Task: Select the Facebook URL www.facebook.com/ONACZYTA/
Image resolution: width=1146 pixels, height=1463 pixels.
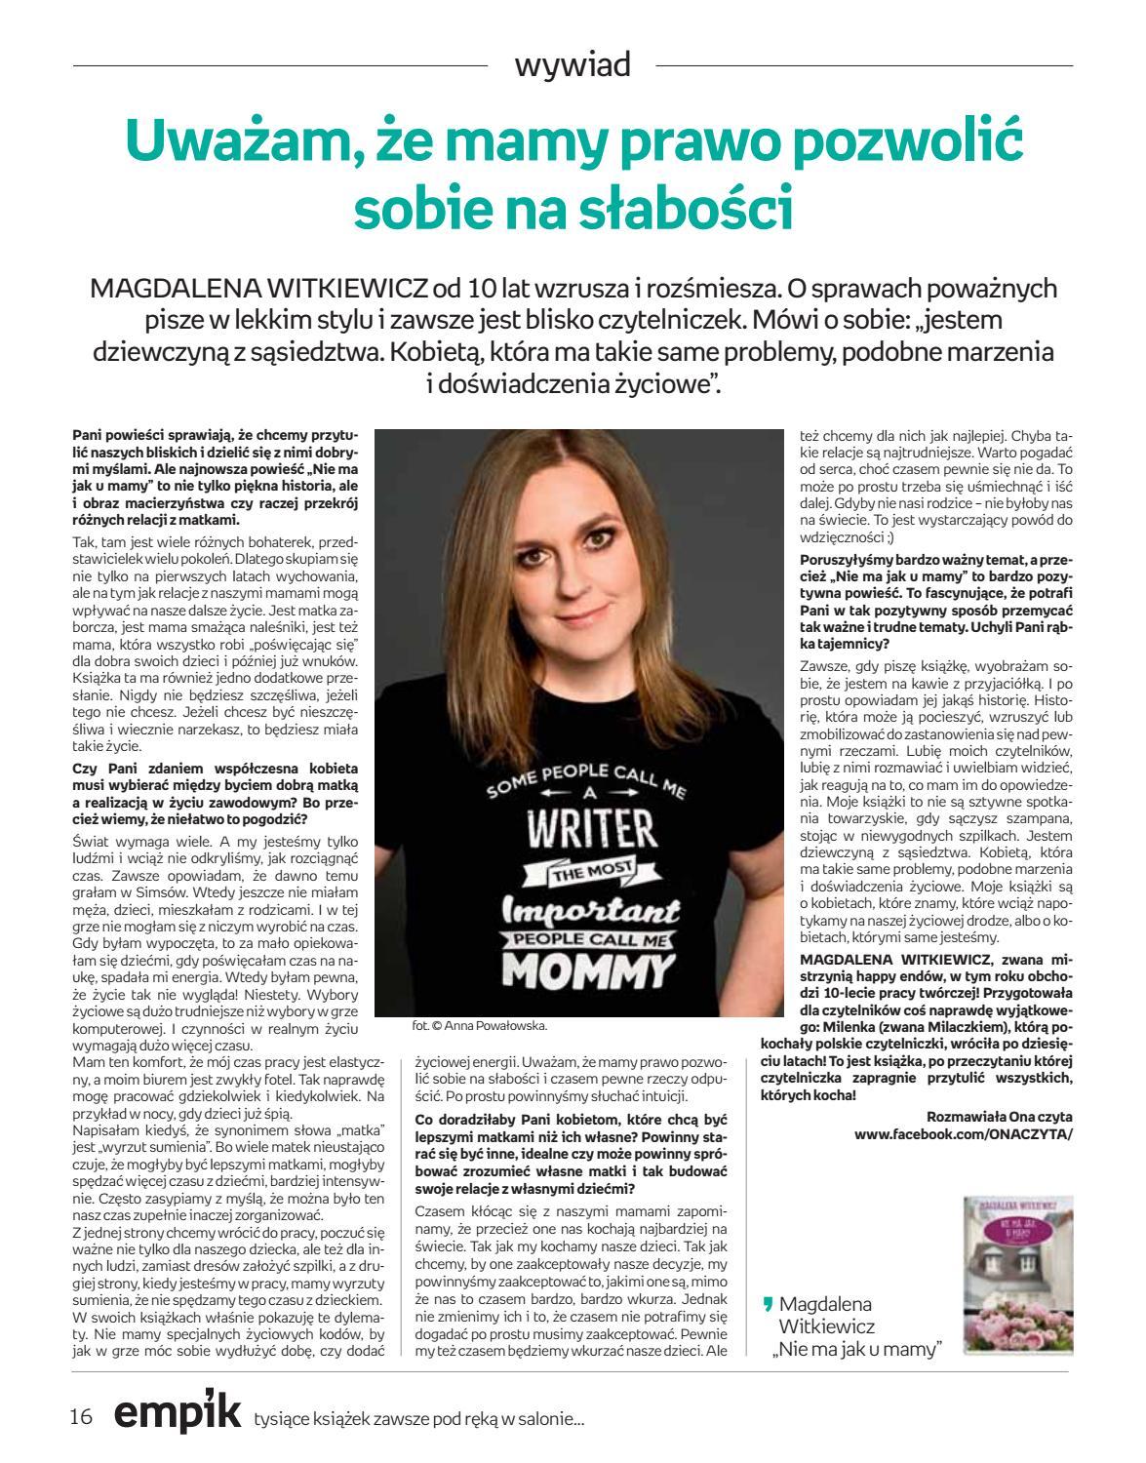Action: (x=963, y=1134)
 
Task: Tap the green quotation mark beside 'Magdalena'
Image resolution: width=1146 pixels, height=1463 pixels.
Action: (x=767, y=1304)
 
